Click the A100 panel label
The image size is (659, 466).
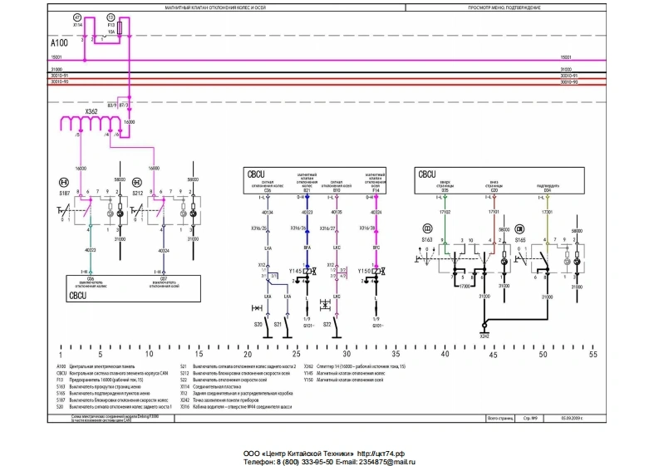59,42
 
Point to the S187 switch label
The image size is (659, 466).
64,193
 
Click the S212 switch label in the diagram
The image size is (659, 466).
139,193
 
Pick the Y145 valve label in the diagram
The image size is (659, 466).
294,272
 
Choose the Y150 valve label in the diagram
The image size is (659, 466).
364,272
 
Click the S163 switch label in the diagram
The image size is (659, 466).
427,239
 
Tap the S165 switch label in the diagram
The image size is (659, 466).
520,239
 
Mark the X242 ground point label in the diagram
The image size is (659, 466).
484,336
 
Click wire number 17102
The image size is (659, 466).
445,213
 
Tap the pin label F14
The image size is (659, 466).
376,190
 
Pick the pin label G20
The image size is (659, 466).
494,190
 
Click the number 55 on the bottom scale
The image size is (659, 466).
593,355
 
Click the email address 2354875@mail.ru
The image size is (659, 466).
384,461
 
